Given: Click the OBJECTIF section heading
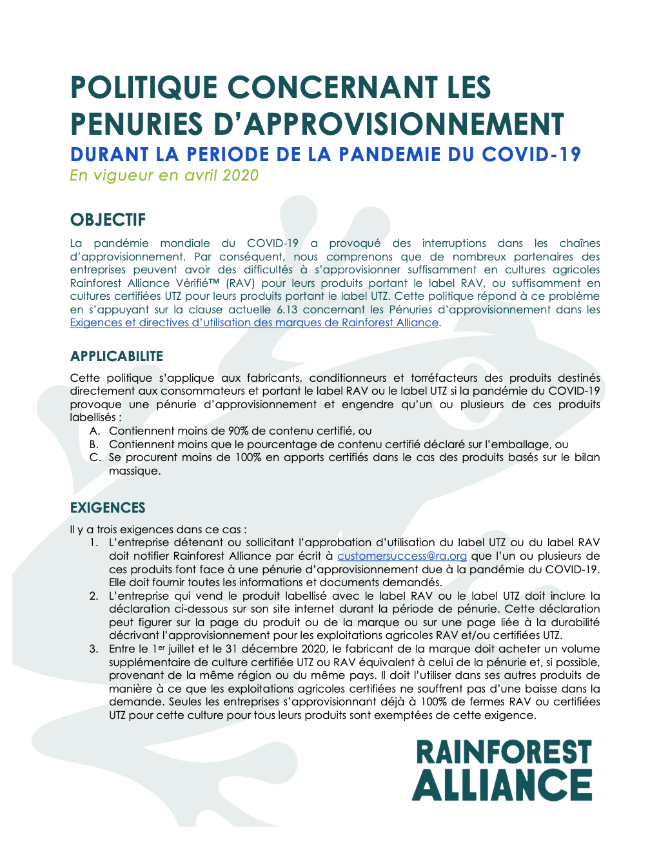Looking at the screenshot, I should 108,220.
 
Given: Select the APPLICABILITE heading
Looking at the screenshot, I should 117,356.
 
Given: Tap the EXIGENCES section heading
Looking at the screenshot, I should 108,507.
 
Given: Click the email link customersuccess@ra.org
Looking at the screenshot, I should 402,556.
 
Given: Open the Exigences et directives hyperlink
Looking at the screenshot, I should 255,322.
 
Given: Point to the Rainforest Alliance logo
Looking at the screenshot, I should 502,770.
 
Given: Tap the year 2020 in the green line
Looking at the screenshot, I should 241,175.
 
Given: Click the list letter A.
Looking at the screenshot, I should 94,431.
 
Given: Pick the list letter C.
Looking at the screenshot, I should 94,457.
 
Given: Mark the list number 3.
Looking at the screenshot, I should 94,649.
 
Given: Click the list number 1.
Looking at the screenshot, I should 94,542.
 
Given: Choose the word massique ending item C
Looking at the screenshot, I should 133,471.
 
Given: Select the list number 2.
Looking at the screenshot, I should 94,596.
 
